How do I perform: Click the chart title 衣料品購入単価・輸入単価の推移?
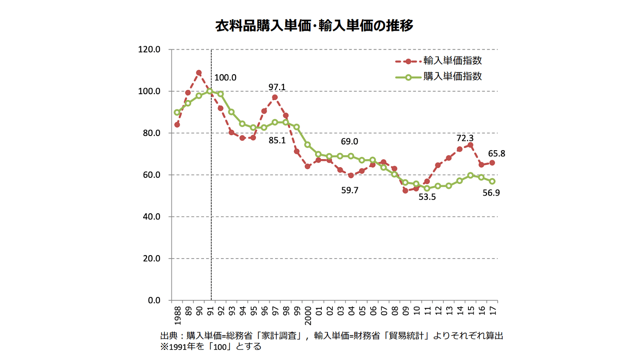pyautogui.click(x=314, y=25)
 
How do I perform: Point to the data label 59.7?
pyautogui.click(x=350, y=190)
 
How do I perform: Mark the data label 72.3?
pyautogui.click(x=465, y=138)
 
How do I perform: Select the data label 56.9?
pyautogui.click(x=491, y=194)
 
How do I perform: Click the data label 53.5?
pyautogui.click(x=427, y=197)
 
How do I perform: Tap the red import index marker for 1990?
pyautogui.click(x=199, y=72)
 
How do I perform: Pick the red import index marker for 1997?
pyautogui.click(x=275, y=97)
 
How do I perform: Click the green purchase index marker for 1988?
pyautogui.click(x=177, y=112)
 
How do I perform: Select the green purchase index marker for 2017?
pyautogui.click(x=492, y=181)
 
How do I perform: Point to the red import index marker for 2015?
pyautogui.click(x=470, y=145)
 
